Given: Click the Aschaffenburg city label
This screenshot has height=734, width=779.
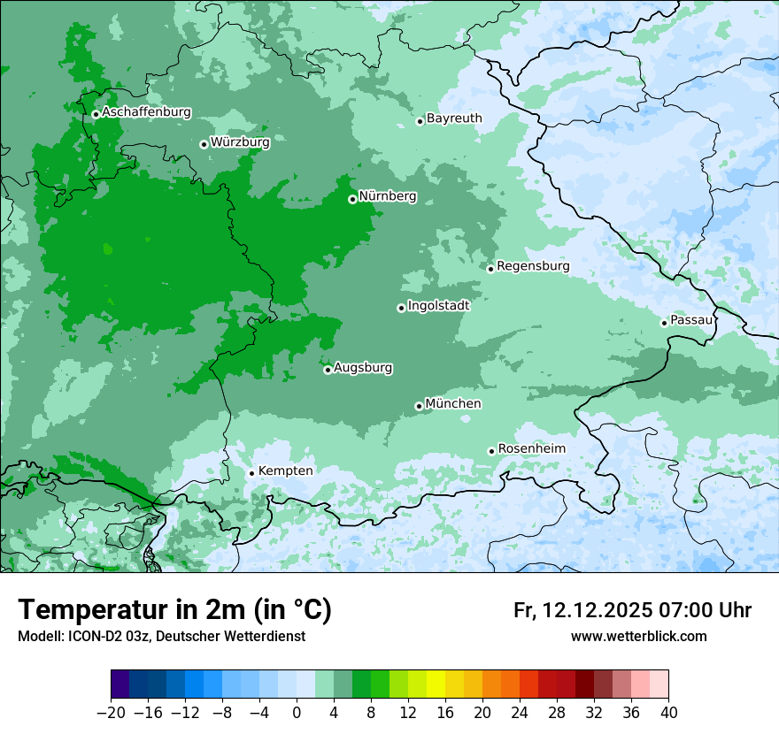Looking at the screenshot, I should pos(146,112).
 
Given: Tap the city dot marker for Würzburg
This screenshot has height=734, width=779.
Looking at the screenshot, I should pos(204,144).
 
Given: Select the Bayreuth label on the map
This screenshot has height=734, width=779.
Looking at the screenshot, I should pos(454,118).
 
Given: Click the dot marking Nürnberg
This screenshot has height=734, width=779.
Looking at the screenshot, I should pos(352,199).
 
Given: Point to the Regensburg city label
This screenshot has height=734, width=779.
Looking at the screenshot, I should pos(533,265).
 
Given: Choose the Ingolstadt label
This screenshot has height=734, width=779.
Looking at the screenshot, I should pos(438,305).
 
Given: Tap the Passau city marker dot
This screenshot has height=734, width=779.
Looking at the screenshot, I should pos(664,323).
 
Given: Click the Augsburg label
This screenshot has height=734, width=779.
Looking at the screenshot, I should pos(363,367).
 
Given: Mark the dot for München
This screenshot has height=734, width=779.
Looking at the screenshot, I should pos(419,406).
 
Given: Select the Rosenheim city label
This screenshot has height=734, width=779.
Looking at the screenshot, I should pos(531,448).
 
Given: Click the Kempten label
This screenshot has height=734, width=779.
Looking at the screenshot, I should pos(285,470).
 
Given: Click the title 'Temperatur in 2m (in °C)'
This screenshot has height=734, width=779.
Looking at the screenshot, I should pos(174,610).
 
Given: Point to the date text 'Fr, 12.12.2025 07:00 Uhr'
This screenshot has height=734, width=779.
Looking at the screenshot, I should pos(632,610).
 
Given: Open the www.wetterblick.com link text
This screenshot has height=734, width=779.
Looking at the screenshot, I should pos(638,636).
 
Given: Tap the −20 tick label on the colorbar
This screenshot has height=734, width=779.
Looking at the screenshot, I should pos(111,712).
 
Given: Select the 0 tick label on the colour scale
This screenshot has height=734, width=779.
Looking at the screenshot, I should pos(297,712).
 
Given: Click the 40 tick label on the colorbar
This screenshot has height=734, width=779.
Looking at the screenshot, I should pos(668,712).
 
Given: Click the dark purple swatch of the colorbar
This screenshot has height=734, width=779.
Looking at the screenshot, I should pos(120,684).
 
